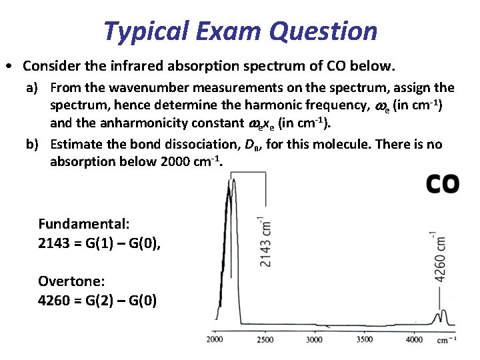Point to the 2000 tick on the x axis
click(x=215, y=339)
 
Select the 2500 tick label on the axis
click(x=265, y=339)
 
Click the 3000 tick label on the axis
click(x=315, y=339)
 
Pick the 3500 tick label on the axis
click(x=364, y=339)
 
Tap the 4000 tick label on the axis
click(x=414, y=339)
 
